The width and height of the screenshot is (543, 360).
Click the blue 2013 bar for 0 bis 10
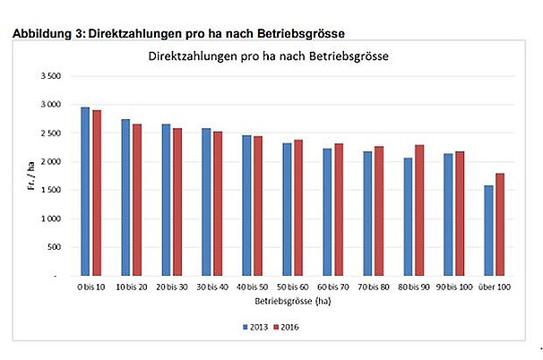(85, 191)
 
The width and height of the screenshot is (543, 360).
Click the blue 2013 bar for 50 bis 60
(287, 209)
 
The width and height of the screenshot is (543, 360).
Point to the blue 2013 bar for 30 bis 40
(206, 201)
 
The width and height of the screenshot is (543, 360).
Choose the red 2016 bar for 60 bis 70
(338, 209)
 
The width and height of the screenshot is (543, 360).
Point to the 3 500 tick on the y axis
(50, 77)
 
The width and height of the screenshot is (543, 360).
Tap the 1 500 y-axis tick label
(50, 191)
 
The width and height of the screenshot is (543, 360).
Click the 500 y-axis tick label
(54, 247)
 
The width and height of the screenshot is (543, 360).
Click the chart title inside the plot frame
(271, 56)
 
